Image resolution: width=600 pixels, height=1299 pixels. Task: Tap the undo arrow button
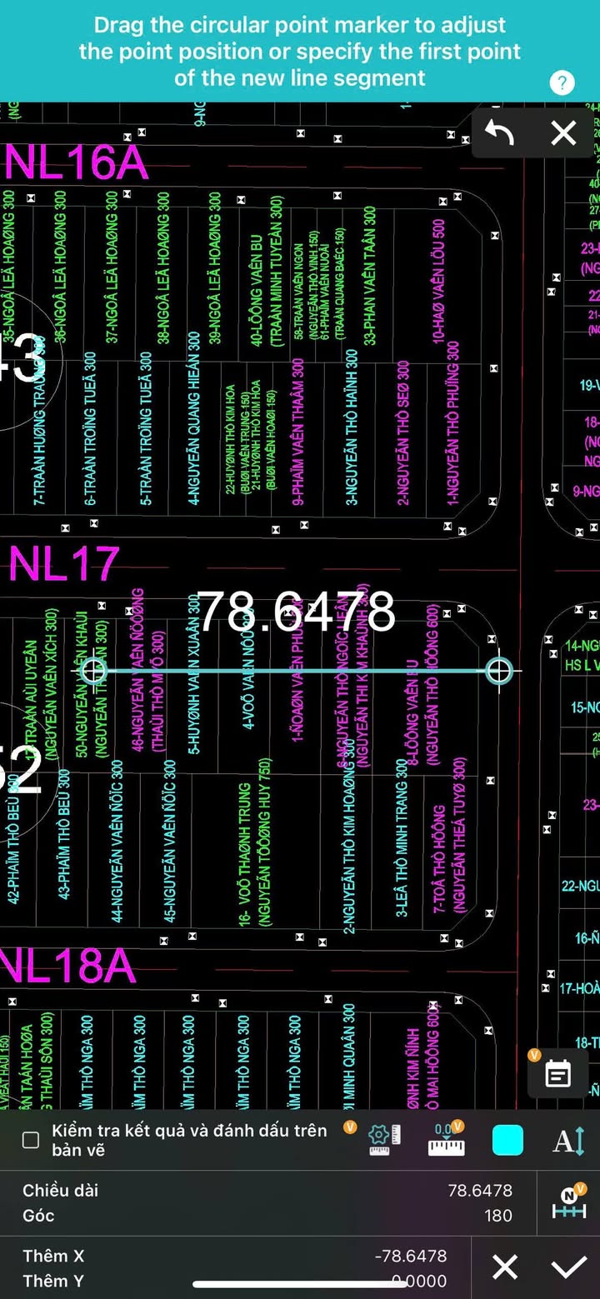pyautogui.click(x=499, y=133)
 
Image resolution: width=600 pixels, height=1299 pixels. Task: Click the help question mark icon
pyautogui.click(x=562, y=82)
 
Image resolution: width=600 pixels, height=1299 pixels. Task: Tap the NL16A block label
pyautogui.click(x=77, y=163)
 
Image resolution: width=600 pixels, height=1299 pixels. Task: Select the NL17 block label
pyautogui.click(x=64, y=564)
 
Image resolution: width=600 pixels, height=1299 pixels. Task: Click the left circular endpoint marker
pyautogui.click(x=93, y=669)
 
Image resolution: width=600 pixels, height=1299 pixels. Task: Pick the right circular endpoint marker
pyautogui.click(x=498, y=670)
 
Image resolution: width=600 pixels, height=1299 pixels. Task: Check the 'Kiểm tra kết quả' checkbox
pyautogui.click(x=31, y=1140)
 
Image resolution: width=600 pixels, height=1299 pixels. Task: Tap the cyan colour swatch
pyautogui.click(x=507, y=1140)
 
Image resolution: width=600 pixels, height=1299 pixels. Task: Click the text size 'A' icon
pyautogui.click(x=569, y=1140)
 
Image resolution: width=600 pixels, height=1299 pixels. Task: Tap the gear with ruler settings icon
pyautogui.click(x=384, y=1140)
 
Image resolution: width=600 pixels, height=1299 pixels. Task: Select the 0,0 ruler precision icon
pyautogui.click(x=446, y=1140)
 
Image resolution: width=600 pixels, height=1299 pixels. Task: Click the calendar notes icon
pyautogui.click(x=557, y=1075)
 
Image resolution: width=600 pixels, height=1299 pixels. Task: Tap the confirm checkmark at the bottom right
pyautogui.click(x=569, y=1267)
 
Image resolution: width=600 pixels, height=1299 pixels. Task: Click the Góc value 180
pyautogui.click(x=497, y=1216)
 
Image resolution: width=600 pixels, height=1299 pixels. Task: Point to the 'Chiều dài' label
pyautogui.click(x=60, y=1190)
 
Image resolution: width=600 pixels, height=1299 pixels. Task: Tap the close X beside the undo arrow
pyautogui.click(x=563, y=133)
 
